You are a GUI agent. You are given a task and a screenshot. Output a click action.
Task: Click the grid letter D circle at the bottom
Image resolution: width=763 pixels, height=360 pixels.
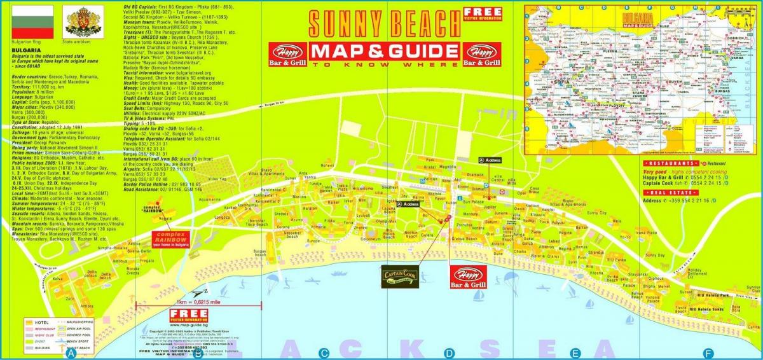(450, 354)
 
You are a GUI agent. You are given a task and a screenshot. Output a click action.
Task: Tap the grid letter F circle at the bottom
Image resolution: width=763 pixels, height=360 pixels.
(707, 354)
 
